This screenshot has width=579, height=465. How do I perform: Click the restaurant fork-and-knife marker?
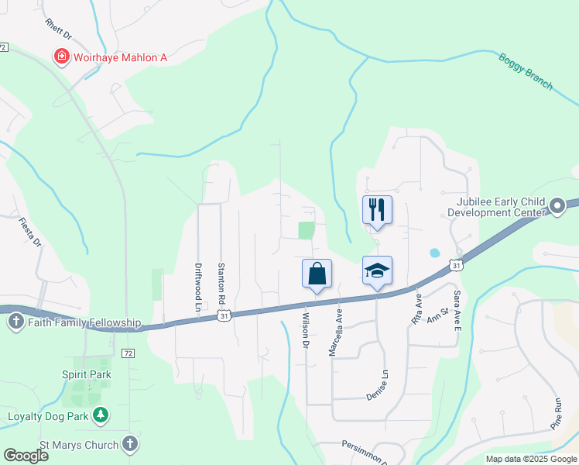pyautogui.click(x=377, y=210)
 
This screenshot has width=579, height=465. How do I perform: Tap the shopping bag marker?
pyautogui.click(x=317, y=274)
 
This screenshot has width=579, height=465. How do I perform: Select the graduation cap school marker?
pyautogui.click(x=377, y=271)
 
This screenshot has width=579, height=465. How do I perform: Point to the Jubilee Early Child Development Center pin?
pyautogui.click(x=557, y=206)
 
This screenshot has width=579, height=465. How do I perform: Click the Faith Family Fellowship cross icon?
pyautogui.click(x=15, y=322)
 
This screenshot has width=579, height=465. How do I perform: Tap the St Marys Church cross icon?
pyautogui.click(x=130, y=444)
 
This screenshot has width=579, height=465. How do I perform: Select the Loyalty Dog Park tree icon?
pyautogui.click(x=100, y=415)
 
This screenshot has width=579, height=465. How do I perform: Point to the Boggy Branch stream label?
pyautogui.click(x=526, y=71)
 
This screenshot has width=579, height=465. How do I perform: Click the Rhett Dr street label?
pyautogui.click(x=57, y=29)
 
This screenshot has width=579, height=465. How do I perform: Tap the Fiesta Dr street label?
pyautogui.click(x=29, y=231)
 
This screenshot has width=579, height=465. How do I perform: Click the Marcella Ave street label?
pyautogui.click(x=334, y=334)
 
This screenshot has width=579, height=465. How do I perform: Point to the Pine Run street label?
pyautogui.click(x=556, y=414)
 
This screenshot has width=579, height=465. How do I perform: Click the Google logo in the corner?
pyautogui.click(x=26, y=455)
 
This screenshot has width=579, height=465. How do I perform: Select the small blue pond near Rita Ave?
pyautogui.click(x=434, y=253)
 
